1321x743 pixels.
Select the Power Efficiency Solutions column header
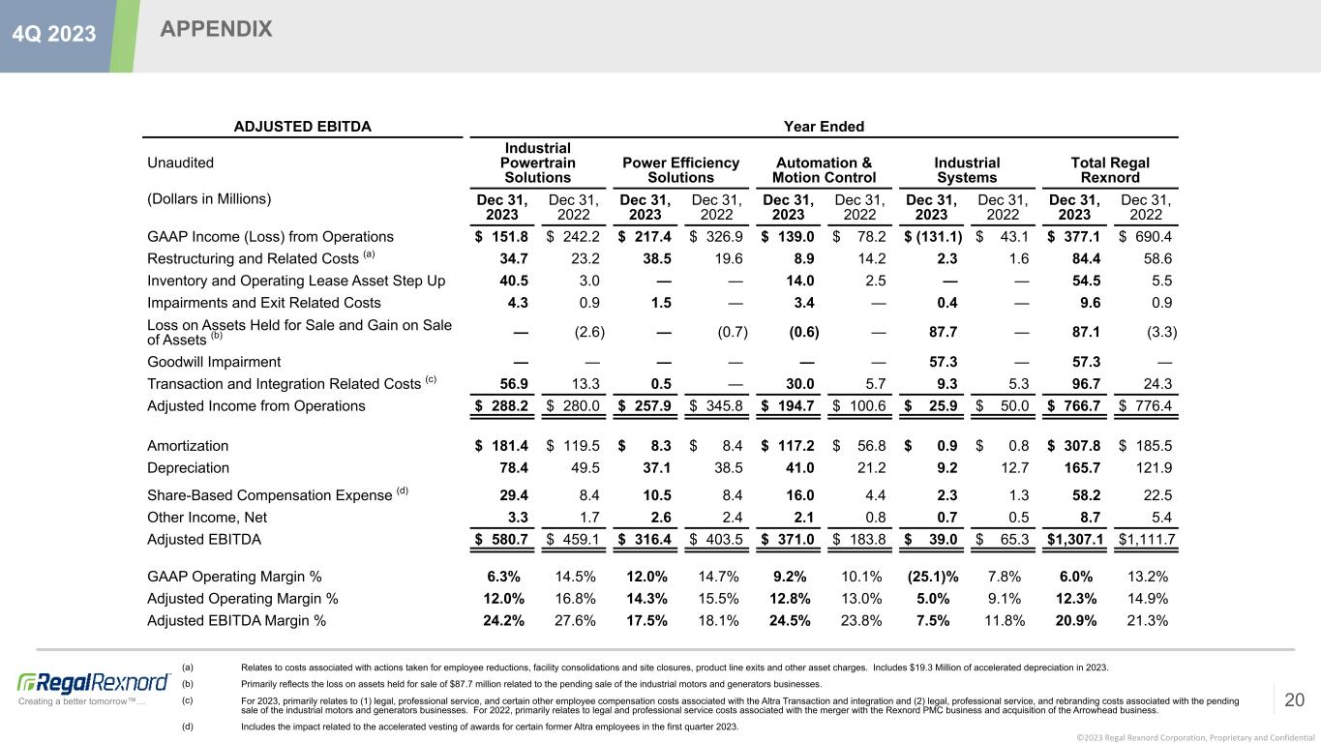tap(680, 170)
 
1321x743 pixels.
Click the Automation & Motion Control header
tap(824, 170)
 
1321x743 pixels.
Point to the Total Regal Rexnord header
tap(1110, 170)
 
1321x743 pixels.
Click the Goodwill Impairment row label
tap(214, 362)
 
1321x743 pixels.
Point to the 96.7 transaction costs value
tap(1084, 384)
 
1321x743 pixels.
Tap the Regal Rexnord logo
tap(82, 681)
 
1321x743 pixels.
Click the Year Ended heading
tap(823, 126)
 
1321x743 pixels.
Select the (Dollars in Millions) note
tap(209, 199)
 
